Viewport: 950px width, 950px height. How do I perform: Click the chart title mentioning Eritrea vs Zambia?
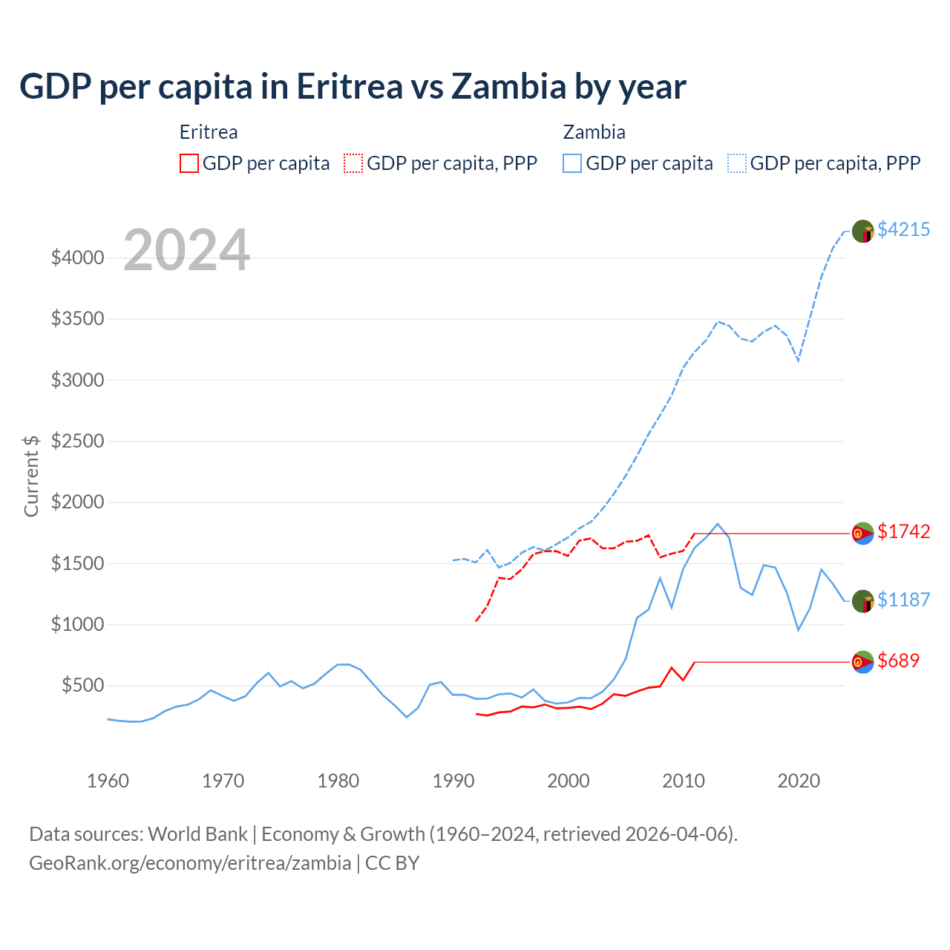point(353,87)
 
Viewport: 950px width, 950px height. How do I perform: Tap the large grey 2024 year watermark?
point(186,250)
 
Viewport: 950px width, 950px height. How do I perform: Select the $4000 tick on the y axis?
point(76,258)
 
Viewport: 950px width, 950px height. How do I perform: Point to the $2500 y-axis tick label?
point(76,441)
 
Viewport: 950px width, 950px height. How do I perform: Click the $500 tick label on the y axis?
point(82,685)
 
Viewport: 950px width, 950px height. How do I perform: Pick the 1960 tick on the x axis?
point(108,781)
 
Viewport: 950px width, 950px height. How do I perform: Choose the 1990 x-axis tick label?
point(453,781)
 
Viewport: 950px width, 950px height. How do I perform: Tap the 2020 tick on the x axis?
point(799,781)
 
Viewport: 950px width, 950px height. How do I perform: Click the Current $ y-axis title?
point(31,476)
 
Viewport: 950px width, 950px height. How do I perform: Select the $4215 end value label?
point(903,229)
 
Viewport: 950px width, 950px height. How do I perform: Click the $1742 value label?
point(903,531)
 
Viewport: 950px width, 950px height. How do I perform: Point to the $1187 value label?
point(903,600)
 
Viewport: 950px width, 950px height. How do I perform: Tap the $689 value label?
point(898,661)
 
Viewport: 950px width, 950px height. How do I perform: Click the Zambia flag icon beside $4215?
point(862,231)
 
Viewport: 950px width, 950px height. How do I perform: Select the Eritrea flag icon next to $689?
point(862,662)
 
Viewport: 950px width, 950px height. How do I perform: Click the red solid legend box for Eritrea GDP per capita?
point(189,163)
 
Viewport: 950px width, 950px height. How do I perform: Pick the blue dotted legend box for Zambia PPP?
point(737,163)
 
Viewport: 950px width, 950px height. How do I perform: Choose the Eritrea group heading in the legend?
point(209,132)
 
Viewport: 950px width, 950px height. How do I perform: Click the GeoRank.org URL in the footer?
point(190,863)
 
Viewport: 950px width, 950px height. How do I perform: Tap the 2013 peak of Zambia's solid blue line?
point(718,524)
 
